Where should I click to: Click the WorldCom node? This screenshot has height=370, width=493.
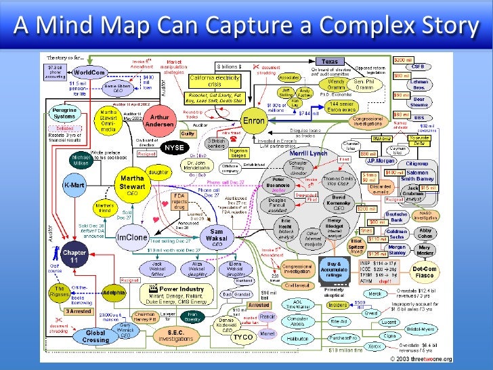coord(88,71)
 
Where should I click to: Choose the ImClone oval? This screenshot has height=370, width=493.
coord(131,238)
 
